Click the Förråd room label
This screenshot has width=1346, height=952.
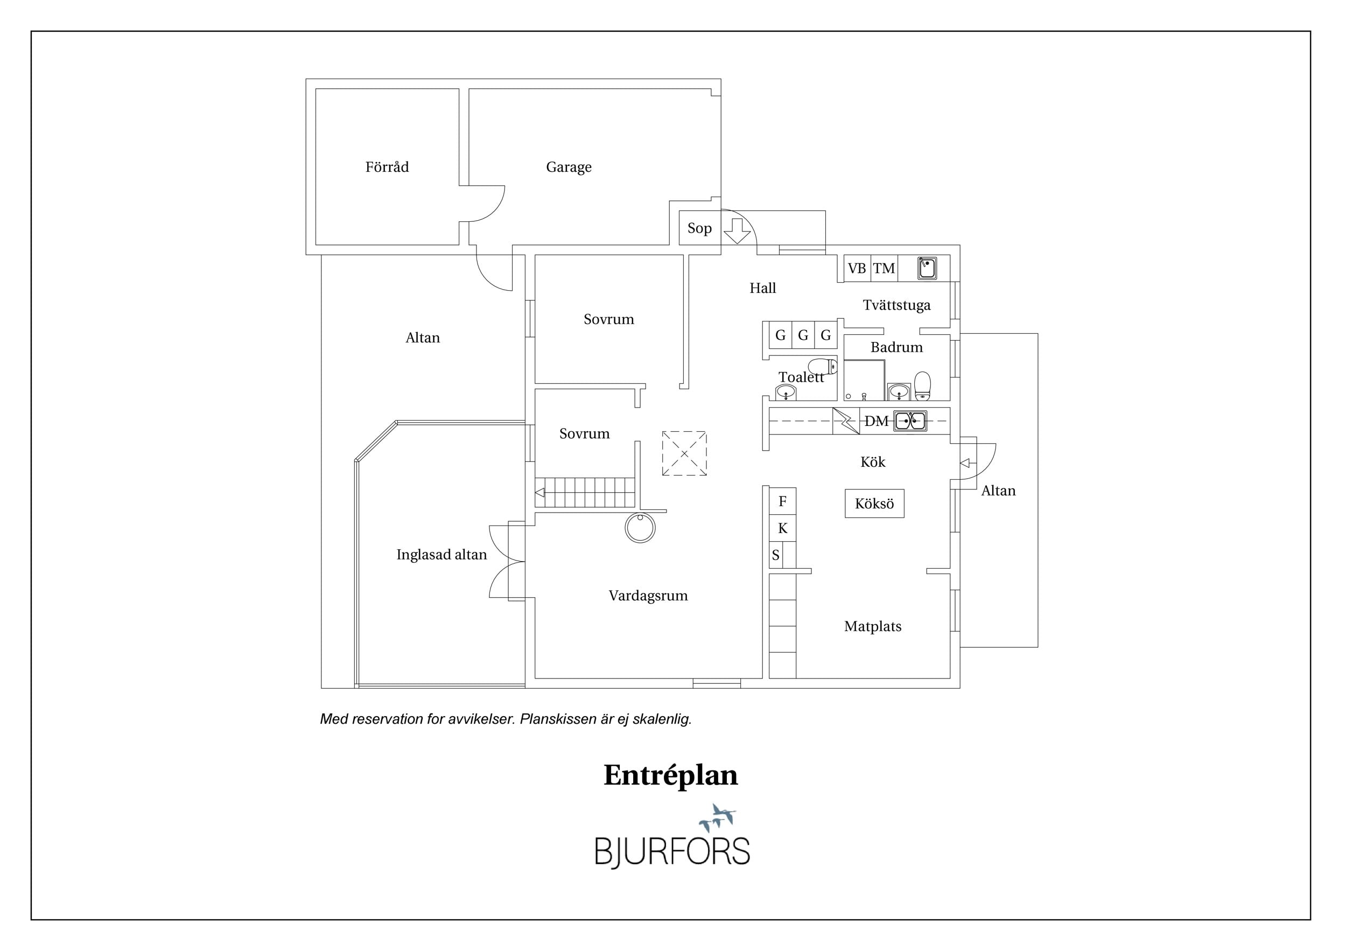tap(387, 167)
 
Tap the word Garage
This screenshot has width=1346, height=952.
tap(569, 167)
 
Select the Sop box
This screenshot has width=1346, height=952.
tap(700, 227)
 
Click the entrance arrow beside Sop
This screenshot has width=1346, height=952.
tap(737, 230)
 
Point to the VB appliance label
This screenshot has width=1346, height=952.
tap(857, 269)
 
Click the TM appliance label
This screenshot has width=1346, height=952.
tap(884, 269)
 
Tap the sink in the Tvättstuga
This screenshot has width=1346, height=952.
tap(926, 268)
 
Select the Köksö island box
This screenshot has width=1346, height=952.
tap(874, 503)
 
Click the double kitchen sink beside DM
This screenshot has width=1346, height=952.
tap(910, 421)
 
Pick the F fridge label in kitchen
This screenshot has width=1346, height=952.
tap(782, 501)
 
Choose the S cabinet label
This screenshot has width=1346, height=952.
tap(776, 555)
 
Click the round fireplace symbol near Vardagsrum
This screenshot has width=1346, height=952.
tap(640, 528)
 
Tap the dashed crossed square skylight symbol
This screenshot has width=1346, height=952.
tap(684, 454)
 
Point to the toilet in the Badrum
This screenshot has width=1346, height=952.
tap(923, 386)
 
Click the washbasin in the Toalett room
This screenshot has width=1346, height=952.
tap(786, 392)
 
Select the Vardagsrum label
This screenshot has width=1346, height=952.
tap(648, 596)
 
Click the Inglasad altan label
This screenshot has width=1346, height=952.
tap(441, 555)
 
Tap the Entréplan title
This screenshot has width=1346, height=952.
tap(671, 775)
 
